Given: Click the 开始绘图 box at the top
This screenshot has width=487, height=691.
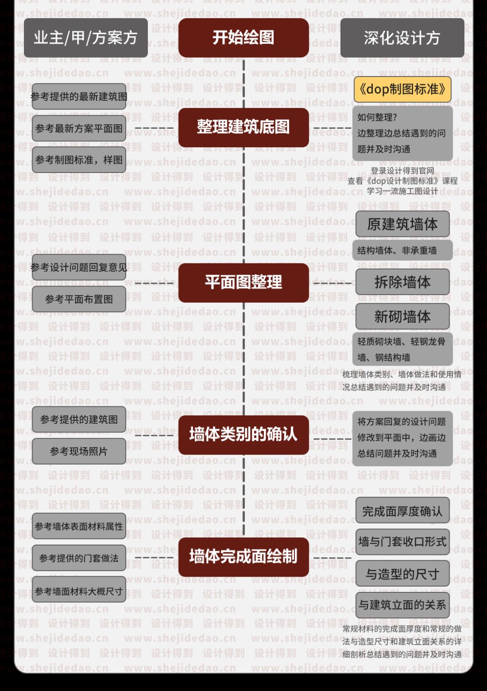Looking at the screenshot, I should [x=243, y=37].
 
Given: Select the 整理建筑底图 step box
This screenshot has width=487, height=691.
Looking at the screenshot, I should [x=243, y=127].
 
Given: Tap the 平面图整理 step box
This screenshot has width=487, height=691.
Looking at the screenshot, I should [x=243, y=282].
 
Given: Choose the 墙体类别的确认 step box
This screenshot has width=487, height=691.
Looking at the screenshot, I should [x=243, y=434].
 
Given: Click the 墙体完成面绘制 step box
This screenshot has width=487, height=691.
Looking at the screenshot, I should [x=243, y=557].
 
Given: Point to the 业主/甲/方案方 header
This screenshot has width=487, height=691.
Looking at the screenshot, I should [x=86, y=38].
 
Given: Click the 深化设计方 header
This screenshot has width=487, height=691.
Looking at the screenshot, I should [x=402, y=38].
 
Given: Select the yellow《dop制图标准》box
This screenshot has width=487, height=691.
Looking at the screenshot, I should [x=402, y=89].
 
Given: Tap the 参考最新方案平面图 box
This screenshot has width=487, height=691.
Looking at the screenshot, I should [x=79, y=129].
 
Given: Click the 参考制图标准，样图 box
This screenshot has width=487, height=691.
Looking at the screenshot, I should [x=79, y=160].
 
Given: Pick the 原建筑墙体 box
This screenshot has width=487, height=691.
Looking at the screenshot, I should [x=402, y=224].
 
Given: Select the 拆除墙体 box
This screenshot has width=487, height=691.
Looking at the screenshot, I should [x=402, y=282].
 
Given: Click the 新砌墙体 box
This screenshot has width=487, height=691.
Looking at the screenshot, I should [x=402, y=317].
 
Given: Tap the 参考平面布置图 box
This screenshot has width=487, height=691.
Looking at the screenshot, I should [x=79, y=299].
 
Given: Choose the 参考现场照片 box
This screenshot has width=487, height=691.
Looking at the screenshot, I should [x=79, y=451].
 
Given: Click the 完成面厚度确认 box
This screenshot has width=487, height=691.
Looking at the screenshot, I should [x=402, y=511].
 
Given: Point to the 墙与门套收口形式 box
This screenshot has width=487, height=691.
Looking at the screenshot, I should [x=402, y=542].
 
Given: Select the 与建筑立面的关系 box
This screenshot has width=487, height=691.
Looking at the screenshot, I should [x=402, y=605].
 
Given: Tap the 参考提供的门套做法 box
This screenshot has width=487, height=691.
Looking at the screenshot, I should [x=79, y=559].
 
